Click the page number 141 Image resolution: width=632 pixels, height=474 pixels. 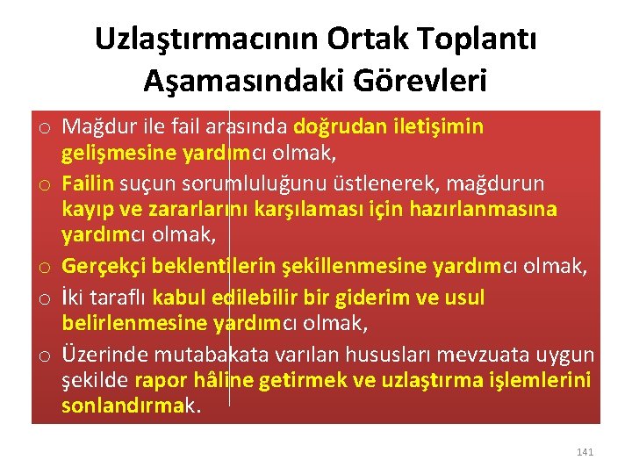pyautogui.click(x=585, y=452)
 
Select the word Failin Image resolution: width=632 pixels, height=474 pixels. pyautogui.click(x=88, y=183)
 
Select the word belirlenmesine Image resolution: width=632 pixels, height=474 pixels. pyautogui.click(x=134, y=325)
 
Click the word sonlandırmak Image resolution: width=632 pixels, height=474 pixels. pyautogui.click(x=130, y=408)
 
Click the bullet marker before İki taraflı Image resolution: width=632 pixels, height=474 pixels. pyautogui.click(x=42, y=298)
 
